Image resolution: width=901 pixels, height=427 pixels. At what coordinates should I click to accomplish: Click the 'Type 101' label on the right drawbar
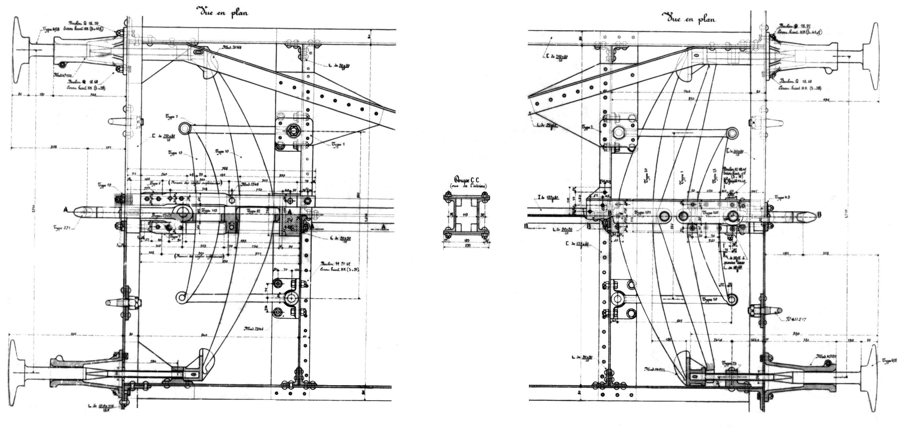[642, 212]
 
